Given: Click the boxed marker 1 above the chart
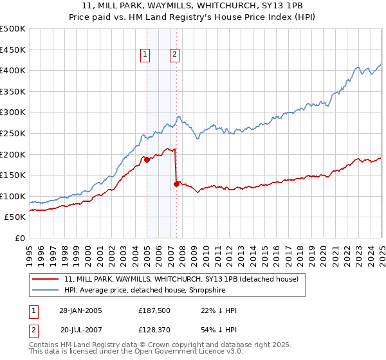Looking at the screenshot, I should pos(146,55).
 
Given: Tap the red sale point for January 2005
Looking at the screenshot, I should pos(147,159).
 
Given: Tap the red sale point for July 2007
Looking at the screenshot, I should pos(176,184).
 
